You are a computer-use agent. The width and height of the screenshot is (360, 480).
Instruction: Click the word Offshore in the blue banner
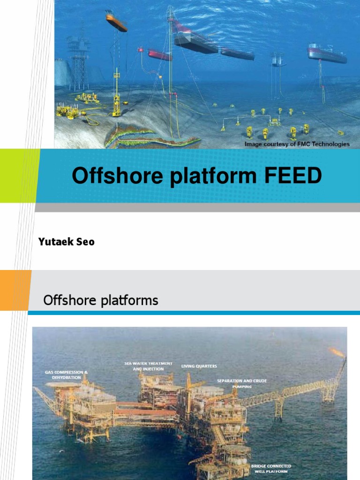(117, 175)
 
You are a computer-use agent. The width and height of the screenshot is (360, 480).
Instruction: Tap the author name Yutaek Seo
(67, 241)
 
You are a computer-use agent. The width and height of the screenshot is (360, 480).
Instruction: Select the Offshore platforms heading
(101, 300)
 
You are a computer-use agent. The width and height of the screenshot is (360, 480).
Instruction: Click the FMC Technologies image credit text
(297, 144)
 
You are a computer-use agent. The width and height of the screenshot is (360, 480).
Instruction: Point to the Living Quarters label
(199, 366)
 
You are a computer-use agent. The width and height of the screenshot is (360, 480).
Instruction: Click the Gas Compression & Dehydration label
(66, 375)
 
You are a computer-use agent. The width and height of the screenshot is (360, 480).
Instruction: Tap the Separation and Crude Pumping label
(242, 383)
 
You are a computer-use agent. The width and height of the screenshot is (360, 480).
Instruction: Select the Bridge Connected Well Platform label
(271, 469)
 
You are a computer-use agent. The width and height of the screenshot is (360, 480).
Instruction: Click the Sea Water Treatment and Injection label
(148, 366)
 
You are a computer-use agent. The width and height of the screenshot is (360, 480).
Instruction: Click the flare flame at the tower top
(337, 352)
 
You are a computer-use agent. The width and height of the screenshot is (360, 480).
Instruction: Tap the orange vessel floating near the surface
(116, 22)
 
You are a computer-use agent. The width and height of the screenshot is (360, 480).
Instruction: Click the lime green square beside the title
(19, 176)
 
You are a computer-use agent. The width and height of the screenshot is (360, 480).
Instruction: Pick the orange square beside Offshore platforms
(15, 290)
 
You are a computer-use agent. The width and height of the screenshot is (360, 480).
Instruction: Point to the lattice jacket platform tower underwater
(78, 60)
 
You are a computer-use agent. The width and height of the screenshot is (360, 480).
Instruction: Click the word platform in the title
(213, 176)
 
